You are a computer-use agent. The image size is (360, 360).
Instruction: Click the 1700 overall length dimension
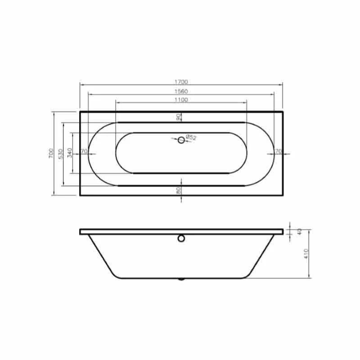point(181,82)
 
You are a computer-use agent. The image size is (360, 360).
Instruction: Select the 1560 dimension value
point(181,91)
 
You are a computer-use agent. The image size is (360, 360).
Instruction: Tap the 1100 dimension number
point(181,100)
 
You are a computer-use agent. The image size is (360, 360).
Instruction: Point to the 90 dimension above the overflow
point(179,117)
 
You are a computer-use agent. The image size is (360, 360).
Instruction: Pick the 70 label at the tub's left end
point(83,151)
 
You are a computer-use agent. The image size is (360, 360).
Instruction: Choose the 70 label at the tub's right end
point(278,151)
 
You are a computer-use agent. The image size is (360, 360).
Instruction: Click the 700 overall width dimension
point(51,153)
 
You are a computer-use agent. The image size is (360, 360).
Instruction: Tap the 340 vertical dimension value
point(70,153)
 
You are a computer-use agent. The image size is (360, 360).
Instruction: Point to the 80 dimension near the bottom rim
point(179,190)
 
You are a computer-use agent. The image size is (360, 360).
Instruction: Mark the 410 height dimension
point(306,254)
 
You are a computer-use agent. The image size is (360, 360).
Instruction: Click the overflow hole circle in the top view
point(181,140)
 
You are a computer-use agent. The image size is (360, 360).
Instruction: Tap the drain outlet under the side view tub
point(181,279)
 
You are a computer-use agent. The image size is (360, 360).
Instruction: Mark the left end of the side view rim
point(81,232)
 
